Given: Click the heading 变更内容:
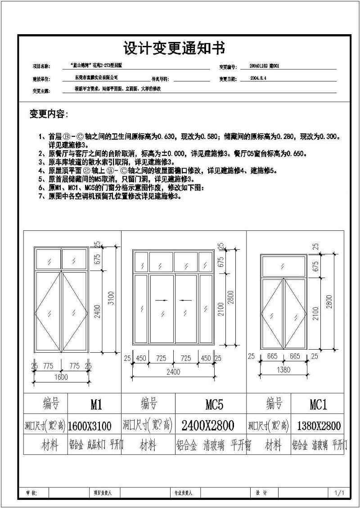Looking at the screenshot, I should pyautogui.click(x=49, y=114).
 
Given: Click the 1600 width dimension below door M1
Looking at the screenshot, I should pyautogui.click(x=61, y=377).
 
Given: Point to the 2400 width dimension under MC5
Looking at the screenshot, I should pyautogui.click(x=173, y=372).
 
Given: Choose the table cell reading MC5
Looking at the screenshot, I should pyautogui.click(x=215, y=405).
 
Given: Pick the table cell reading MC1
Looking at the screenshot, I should pyautogui.click(x=318, y=405).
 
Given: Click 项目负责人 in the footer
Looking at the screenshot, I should pyautogui.click(x=103, y=493).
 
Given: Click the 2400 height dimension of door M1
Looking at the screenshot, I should pyautogui.click(x=97, y=310).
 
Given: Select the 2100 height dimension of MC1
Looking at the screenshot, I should pyautogui.click(x=315, y=314).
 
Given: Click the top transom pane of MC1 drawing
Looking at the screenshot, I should pyautogui.click(x=284, y=266).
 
